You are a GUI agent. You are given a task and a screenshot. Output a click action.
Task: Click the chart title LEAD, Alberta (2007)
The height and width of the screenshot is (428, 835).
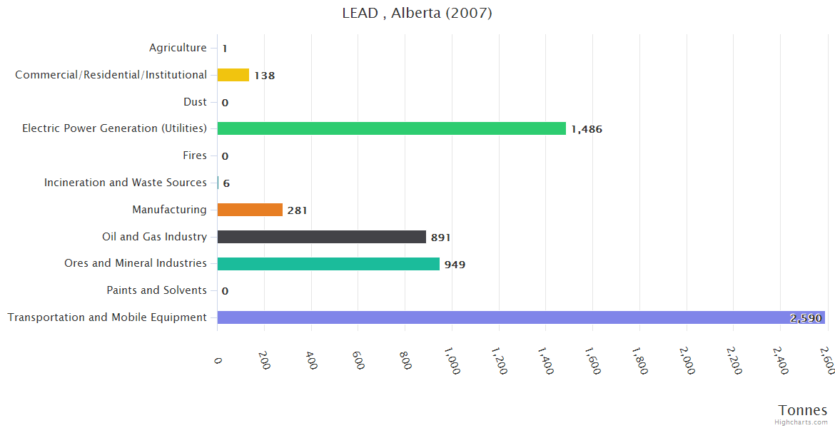(417, 13)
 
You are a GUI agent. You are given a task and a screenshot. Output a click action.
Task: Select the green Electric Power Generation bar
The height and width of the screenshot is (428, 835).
(391, 128)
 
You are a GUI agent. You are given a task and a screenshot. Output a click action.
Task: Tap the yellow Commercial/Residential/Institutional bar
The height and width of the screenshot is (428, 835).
(233, 75)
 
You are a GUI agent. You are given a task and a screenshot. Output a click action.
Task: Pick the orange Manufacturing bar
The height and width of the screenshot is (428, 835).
(250, 210)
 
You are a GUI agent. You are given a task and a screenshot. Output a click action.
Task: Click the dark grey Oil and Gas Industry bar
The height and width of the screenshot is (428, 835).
(321, 237)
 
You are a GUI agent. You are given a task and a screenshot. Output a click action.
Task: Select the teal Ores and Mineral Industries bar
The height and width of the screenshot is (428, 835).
(328, 264)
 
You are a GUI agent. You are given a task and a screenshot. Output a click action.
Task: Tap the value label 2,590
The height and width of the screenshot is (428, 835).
(806, 318)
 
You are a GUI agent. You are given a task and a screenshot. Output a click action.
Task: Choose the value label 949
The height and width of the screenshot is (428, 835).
(455, 265)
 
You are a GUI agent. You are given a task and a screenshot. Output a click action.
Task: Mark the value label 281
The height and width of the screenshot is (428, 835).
(297, 210)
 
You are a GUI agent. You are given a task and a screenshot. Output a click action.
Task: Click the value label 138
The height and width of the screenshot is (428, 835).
(264, 76)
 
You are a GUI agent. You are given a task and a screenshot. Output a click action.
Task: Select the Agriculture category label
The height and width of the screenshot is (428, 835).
(178, 48)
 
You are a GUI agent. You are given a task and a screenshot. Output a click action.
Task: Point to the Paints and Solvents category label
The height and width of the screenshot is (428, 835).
(156, 290)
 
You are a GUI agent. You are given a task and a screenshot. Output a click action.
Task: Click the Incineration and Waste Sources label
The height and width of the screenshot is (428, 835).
(126, 183)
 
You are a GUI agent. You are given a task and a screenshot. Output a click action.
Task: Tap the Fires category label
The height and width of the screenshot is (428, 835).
(195, 156)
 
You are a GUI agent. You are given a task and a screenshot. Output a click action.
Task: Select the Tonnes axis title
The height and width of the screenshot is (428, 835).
(803, 410)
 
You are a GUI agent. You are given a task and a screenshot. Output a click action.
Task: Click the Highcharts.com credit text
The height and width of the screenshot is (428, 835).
(801, 422)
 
